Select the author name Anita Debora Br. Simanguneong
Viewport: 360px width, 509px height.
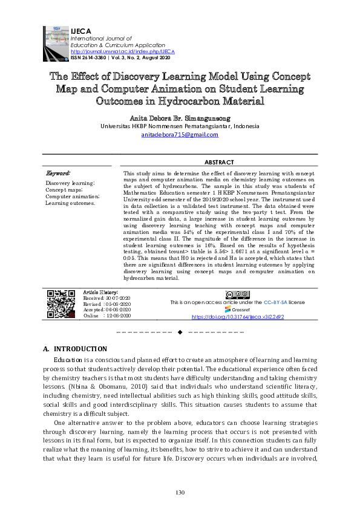[x=180, y=117]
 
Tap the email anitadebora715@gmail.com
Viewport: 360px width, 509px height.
[x=180, y=135]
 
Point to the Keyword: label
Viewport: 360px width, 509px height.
[x=58, y=173]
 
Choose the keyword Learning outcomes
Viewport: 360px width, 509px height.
[x=70, y=203]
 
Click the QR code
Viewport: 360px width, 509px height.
[x=61, y=304]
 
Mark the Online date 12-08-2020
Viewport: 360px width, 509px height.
[x=116, y=316]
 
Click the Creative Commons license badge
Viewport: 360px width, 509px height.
[x=237, y=294]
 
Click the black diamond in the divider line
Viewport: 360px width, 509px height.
[x=180, y=332]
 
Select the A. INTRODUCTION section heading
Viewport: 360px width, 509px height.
[x=75, y=349]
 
